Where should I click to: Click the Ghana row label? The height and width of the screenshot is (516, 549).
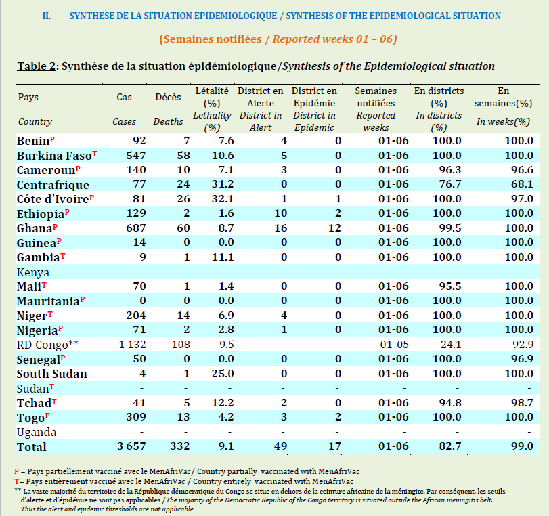35,228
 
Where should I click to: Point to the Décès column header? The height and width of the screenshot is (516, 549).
168,97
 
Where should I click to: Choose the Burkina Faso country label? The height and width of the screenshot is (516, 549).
54,155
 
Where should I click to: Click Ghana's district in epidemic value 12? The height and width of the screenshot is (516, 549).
334,228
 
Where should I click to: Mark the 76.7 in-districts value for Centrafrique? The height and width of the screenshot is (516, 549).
450,185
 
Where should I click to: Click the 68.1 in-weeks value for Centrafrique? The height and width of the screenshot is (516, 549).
522,185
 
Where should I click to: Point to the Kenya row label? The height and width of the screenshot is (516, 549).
33,272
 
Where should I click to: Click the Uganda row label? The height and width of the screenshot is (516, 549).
37,432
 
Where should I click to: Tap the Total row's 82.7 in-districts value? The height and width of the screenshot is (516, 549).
450,446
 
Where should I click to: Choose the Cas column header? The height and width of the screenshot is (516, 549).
125,97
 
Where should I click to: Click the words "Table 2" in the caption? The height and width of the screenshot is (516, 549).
37,66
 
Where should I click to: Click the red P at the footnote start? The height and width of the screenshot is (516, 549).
16,471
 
